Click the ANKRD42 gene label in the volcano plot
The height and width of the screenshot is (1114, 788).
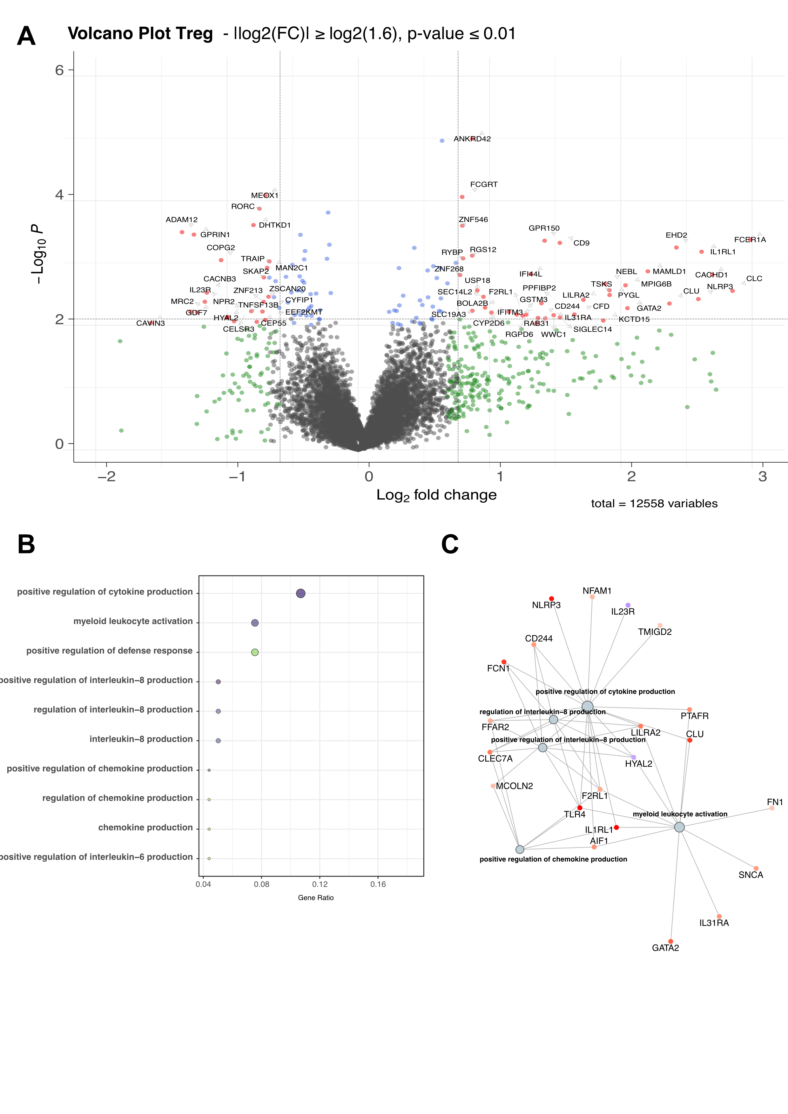[x=472, y=139]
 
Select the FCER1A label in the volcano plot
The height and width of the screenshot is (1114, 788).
[x=749, y=240]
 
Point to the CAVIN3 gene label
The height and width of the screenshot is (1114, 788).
[x=151, y=324]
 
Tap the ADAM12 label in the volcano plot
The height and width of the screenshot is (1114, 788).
[x=181, y=220]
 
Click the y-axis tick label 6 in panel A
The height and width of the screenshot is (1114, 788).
[x=59, y=70]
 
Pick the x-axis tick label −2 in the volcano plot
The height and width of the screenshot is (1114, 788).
[x=106, y=476]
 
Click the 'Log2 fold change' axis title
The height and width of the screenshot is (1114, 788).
[x=436, y=495]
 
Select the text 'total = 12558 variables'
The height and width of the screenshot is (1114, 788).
[x=654, y=504]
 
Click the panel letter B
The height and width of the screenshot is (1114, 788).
[x=26, y=544]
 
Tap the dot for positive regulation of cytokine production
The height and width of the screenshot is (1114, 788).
[x=300, y=594]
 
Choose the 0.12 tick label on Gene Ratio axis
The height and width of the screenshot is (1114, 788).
[x=320, y=884]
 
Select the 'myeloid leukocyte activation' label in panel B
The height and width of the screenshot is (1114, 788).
[x=133, y=621]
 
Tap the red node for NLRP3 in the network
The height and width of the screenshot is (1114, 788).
[x=551, y=599]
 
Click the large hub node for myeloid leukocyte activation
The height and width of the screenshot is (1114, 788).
[x=679, y=827]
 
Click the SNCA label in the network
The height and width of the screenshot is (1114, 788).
[x=751, y=875]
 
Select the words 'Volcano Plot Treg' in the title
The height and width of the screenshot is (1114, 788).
[x=140, y=33]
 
